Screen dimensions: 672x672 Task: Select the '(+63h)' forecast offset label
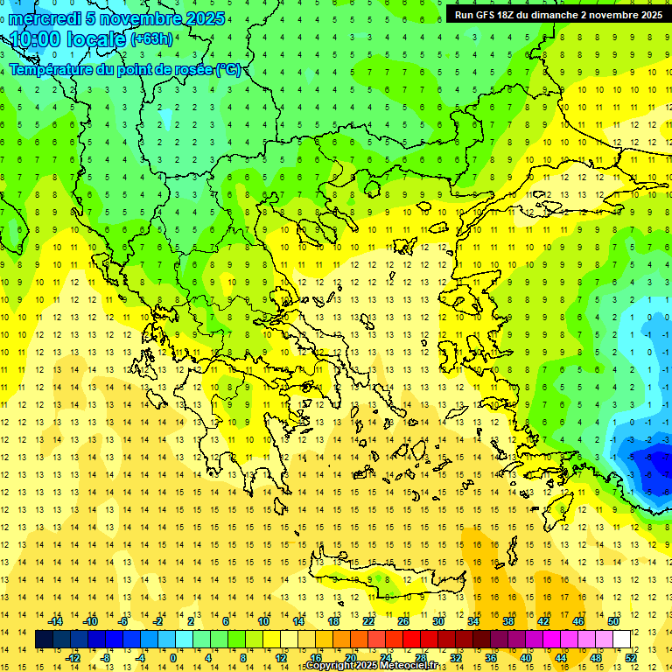151,39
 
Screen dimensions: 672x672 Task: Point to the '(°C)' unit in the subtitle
227,70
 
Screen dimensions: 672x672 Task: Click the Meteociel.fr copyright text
383,666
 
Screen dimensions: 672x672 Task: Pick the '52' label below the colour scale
631,658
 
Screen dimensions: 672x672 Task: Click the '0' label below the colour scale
172,658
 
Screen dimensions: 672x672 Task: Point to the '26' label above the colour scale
403,621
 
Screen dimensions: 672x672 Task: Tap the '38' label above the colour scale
508,621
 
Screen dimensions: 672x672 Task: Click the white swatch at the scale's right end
621,640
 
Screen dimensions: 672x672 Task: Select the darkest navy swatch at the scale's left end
45,640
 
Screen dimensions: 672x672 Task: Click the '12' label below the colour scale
281,658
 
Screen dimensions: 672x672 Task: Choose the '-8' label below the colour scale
106,658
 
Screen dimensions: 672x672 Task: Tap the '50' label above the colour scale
613,621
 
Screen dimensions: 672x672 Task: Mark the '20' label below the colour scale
351,658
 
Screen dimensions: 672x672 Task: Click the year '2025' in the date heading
199,18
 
